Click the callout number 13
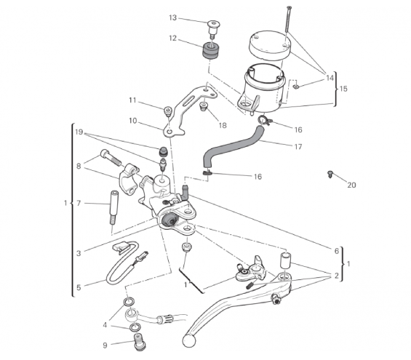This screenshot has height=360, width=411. (172, 17)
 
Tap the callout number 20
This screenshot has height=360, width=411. (351, 185)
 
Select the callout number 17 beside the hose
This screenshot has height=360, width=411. (298, 147)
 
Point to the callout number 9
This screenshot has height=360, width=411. (105, 345)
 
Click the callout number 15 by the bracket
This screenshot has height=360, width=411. (343, 89)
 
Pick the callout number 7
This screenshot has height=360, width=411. (79, 203)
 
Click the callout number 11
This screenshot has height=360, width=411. (132, 100)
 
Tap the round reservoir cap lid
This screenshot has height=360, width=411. (269, 46)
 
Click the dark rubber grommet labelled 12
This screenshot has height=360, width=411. (210, 52)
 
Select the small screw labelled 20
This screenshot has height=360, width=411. (330, 174)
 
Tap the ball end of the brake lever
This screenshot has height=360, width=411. (188, 340)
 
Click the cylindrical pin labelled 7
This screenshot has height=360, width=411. (113, 208)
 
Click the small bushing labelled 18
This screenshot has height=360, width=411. (204, 106)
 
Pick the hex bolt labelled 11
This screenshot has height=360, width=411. (168, 111)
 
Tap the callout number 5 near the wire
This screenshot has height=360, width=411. (79, 287)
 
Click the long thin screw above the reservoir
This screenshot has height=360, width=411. (288, 19)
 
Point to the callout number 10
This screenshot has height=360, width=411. (133, 121)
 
